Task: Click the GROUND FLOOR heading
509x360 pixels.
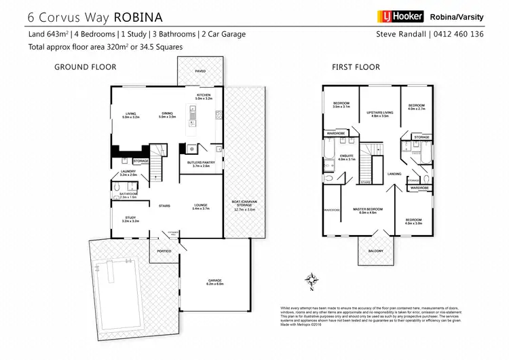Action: pos(85,67)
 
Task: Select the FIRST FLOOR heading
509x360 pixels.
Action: pos(356,67)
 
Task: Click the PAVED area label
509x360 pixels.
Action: pos(200,71)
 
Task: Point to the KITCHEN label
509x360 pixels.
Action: pos(204,95)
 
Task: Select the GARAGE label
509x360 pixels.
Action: pos(216,281)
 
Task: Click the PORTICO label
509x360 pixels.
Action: pos(164,251)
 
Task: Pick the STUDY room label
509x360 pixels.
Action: pos(130,219)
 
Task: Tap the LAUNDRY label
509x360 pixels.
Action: pos(128,173)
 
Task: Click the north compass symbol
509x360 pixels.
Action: pos(312,278)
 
